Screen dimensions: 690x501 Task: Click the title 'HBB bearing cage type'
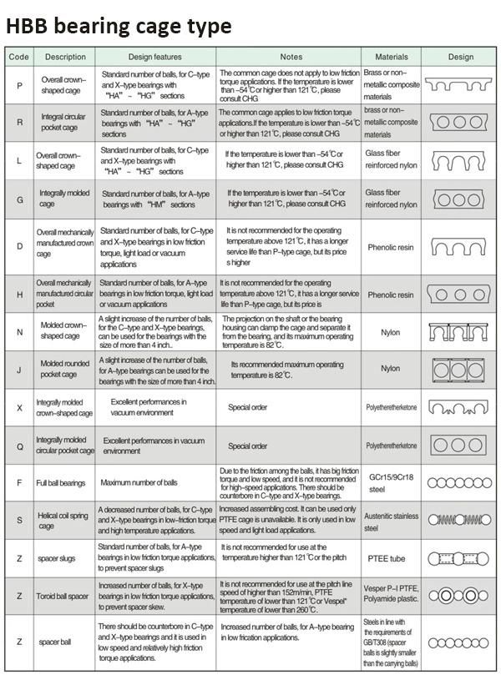tap(118, 26)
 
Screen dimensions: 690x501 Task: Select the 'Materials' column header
tap(392, 57)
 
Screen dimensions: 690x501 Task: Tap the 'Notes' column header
tap(291, 57)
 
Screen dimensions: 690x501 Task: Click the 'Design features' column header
tap(156, 57)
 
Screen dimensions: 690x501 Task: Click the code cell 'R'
tap(18, 122)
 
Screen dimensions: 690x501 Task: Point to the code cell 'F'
tap(18, 483)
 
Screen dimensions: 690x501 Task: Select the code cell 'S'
tap(18, 520)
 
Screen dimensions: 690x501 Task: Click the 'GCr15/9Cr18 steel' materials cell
tap(392, 483)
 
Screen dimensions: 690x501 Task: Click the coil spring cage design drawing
tap(460, 520)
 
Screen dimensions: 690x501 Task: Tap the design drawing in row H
tap(460, 295)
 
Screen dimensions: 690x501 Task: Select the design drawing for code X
tap(460, 408)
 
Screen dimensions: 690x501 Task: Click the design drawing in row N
tap(460, 332)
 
